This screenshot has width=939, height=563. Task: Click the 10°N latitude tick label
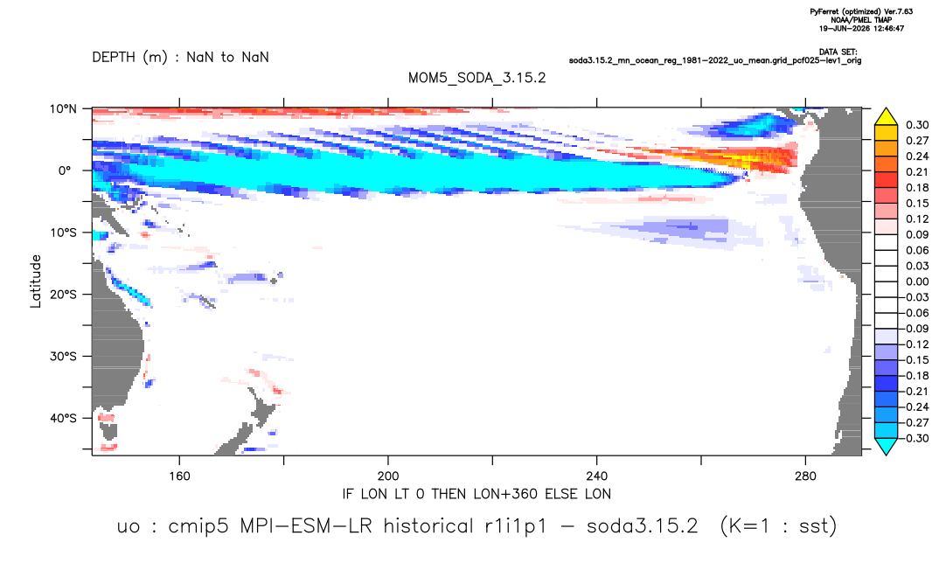pyautogui.click(x=63, y=109)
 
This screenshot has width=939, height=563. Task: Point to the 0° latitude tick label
pyautogui.click(x=65, y=170)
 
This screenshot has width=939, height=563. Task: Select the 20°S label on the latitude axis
pyautogui.click(x=63, y=295)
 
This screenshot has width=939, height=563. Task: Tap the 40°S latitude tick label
pyautogui.click(x=63, y=418)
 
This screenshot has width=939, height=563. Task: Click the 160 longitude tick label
pyautogui.click(x=179, y=476)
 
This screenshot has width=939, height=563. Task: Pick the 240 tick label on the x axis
pyautogui.click(x=597, y=476)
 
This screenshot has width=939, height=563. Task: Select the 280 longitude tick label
pyautogui.click(x=805, y=476)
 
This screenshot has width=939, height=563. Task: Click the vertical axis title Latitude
pyautogui.click(x=36, y=281)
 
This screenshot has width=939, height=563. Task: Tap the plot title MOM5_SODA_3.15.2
pyautogui.click(x=477, y=79)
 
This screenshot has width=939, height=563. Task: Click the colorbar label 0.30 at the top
pyautogui.click(x=917, y=125)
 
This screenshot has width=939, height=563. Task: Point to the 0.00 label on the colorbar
pyautogui.click(x=917, y=282)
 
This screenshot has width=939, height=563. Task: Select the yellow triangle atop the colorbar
pyautogui.click(x=886, y=116)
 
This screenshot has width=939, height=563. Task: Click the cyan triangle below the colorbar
pyautogui.click(x=886, y=446)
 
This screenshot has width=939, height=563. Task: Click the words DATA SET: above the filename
pyautogui.click(x=838, y=52)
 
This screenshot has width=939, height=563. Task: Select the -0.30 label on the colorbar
pyautogui.click(x=915, y=438)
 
